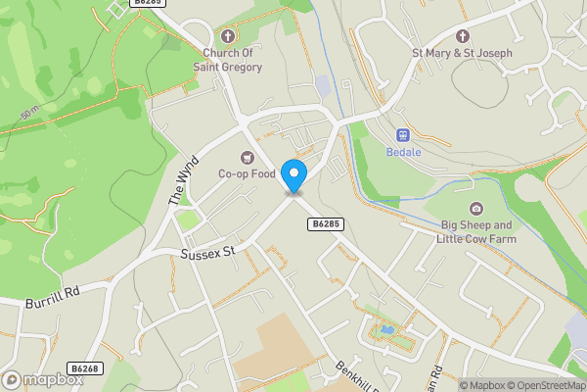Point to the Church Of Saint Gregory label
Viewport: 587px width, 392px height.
click(233, 59)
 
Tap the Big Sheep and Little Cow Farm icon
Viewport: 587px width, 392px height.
click(475, 209)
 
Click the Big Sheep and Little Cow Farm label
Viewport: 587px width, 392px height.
click(475, 231)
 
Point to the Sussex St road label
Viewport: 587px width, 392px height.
click(208, 253)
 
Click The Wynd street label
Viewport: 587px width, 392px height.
click(183, 179)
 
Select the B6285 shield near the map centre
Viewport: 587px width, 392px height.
click(326, 224)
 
